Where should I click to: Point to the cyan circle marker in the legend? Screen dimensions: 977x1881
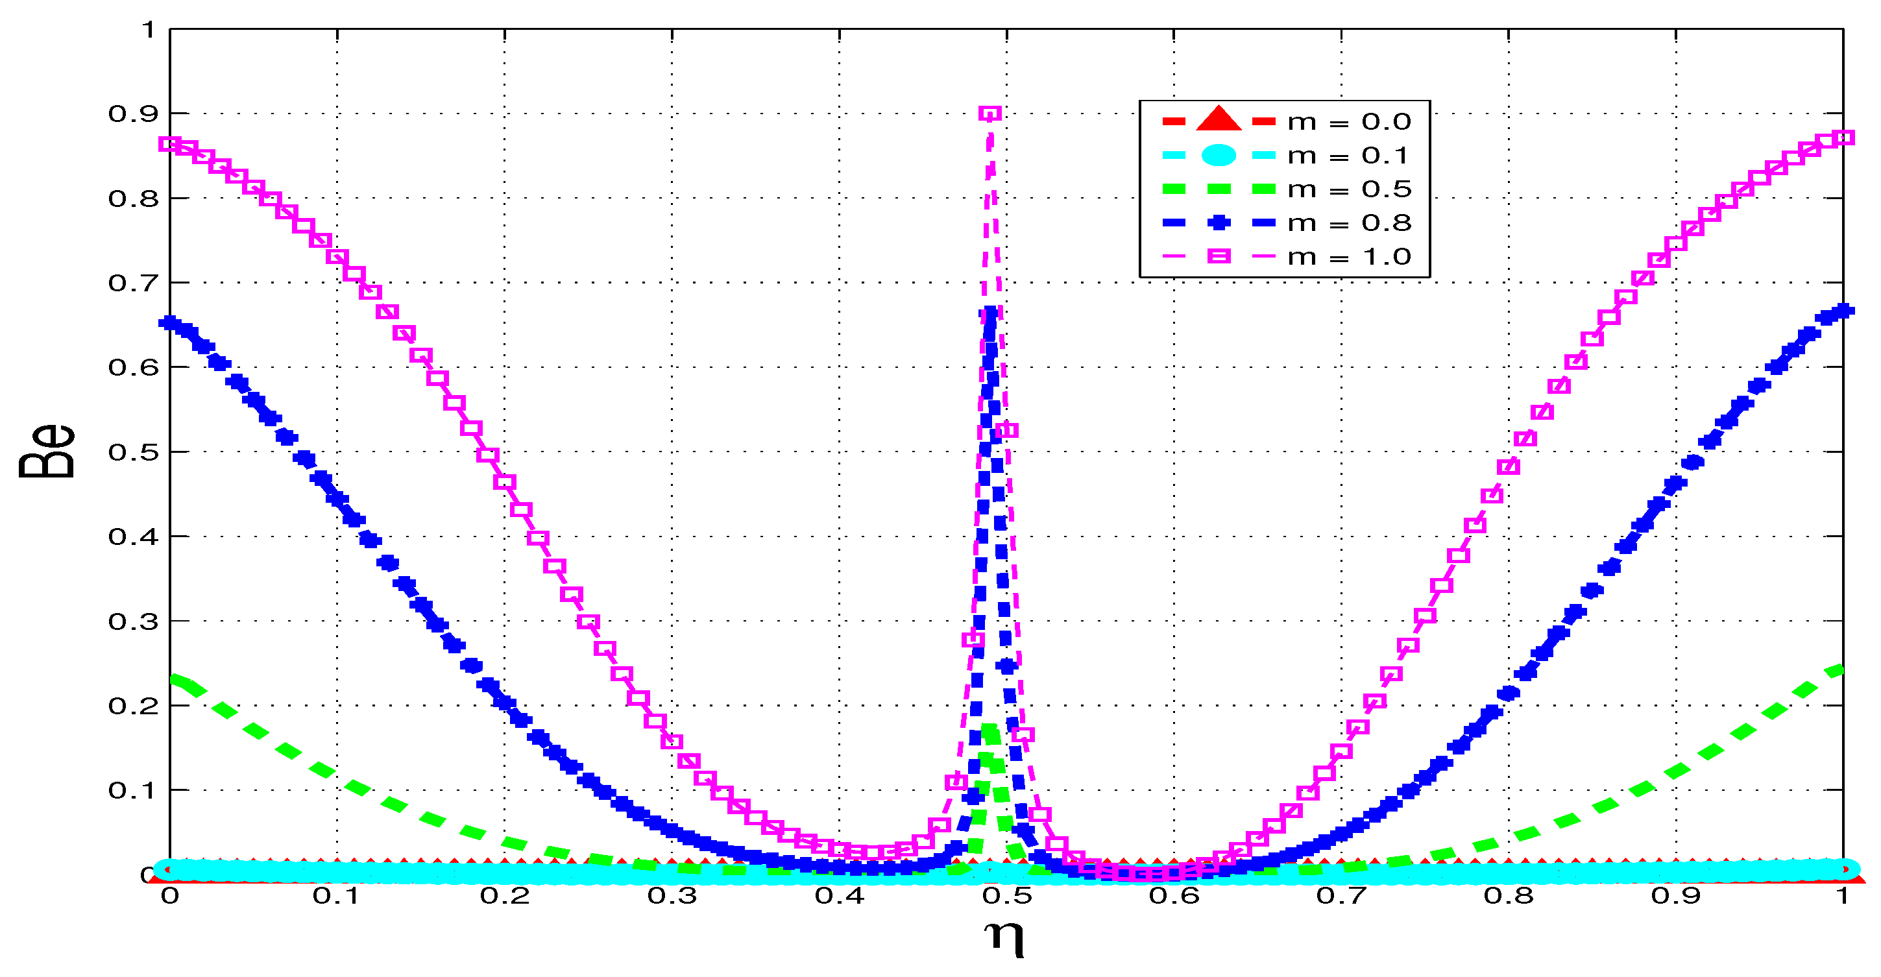tap(1218, 155)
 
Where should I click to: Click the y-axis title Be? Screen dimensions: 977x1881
tap(47, 452)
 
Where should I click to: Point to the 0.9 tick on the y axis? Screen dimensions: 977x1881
tap(133, 114)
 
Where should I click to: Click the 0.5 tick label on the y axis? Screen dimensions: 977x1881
tap(133, 452)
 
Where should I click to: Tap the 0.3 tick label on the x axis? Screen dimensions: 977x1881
tap(672, 896)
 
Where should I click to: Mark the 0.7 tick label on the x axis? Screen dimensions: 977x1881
tap(1341, 896)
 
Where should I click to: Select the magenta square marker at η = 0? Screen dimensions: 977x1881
tap(170, 144)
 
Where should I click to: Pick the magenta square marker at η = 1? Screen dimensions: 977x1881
tap(1843, 138)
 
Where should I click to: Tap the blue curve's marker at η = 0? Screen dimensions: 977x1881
tap(171, 322)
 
